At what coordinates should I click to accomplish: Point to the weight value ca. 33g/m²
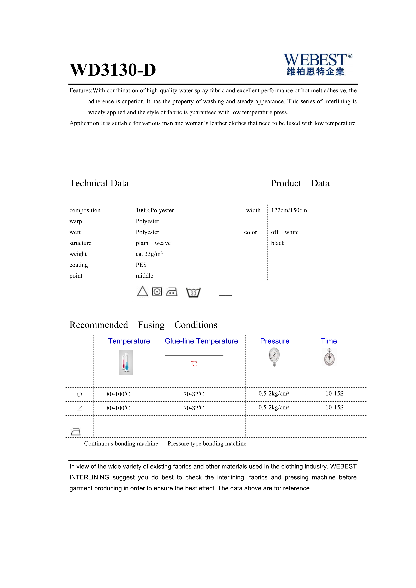point(149,254)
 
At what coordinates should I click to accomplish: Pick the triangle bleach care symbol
point(142,291)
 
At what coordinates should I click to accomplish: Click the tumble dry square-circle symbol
point(157,291)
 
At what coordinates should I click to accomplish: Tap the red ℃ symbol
point(194,364)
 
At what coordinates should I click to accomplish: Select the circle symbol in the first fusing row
point(79,394)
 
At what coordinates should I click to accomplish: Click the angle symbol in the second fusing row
point(79,408)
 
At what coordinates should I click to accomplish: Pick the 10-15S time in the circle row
point(334,394)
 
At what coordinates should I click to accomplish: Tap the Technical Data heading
point(99,183)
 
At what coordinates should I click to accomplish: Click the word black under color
point(278,243)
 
